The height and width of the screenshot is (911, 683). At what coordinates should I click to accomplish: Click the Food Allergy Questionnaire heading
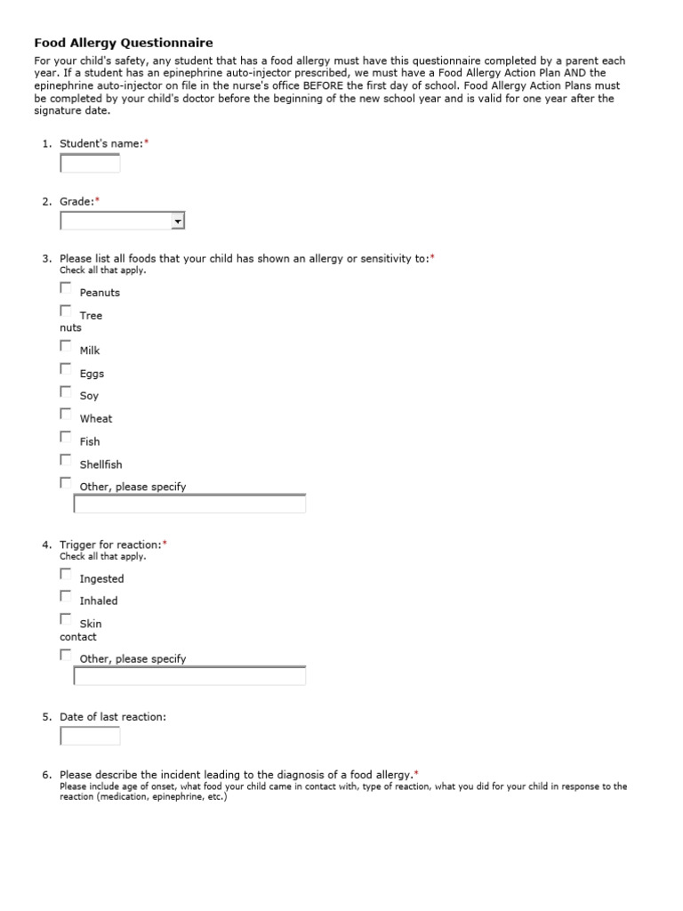pyautogui.click(x=123, y=42)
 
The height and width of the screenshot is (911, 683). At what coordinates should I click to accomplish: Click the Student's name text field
pyautogui.click(x=90, y=163)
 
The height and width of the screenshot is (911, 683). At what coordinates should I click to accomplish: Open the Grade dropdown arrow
pyautogui.click(x=178, y=221)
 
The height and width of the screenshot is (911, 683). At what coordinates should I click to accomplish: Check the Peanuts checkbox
pyautogui.click(x=66, y=287)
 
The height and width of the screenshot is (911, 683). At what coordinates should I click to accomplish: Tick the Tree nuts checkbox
pyautogui.click(x=66, y=310)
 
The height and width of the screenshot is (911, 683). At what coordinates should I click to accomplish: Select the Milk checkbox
pyautogui.click(x=66, y=345)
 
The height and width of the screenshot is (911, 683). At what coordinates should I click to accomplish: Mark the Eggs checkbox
pyautogui.click(x=66, y=368)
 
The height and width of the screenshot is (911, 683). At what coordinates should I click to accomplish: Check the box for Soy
pyautogui.click(x=66, y=391)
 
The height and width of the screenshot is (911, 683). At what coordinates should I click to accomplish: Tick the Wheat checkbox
pyautogui.click(x=66, y=414)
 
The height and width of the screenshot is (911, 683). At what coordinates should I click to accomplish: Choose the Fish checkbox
pyautogui.click(x=66, y=437)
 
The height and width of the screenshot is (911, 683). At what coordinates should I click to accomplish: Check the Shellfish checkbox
pyautogui.click(x=66, y=460)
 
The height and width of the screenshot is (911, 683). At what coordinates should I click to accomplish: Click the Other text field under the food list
pyautogui.click(x=189, y=504)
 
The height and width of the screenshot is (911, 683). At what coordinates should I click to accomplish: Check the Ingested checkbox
pyautogui.click(x=66, y=574)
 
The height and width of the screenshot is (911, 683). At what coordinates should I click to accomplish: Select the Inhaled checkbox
pyautogui.click(x=66, y=596)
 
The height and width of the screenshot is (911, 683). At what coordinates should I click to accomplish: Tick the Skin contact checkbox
pyautogui.click(x=66, y=619)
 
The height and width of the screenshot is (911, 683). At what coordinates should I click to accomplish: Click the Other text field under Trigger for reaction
pyautogui.click(x=189, y=676)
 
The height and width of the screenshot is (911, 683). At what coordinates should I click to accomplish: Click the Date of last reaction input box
pyautogui.click(x=90, y=736)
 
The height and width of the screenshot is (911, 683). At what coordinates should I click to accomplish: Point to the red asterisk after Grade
pyautogui.click(x=98, y=201)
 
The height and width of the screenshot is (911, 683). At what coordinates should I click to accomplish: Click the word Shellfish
pyautogui.click(x=100, y=464)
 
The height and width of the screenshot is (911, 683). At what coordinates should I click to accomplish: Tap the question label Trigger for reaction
pyautogui.click(x=110, y=544)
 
